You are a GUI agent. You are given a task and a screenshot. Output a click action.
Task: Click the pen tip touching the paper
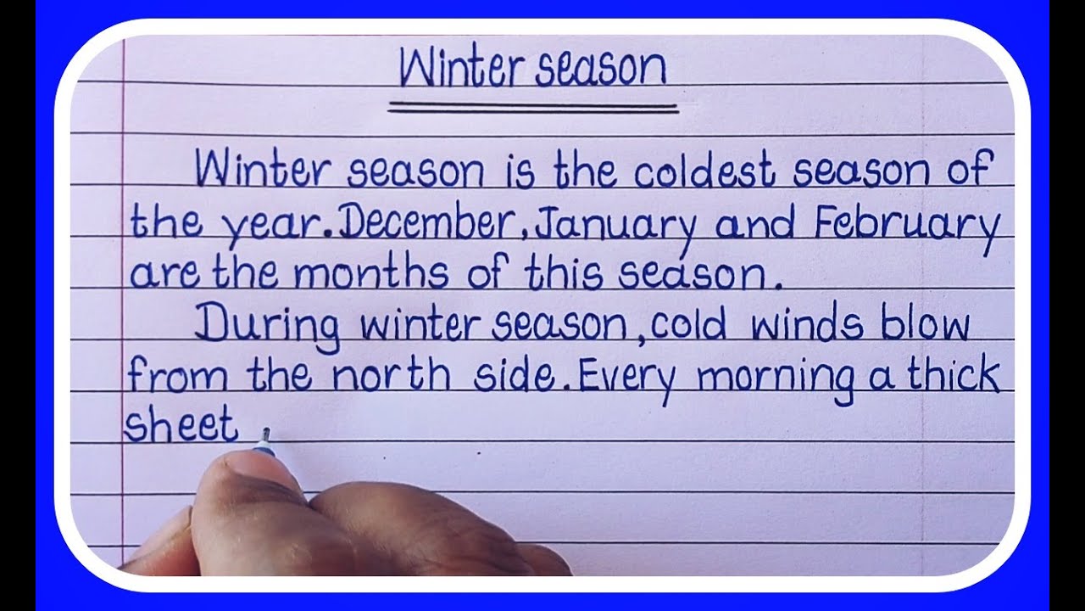click(265, 434)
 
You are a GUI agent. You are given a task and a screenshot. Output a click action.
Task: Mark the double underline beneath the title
click(533, 108)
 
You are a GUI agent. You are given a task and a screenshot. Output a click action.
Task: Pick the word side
click(515, 376)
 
